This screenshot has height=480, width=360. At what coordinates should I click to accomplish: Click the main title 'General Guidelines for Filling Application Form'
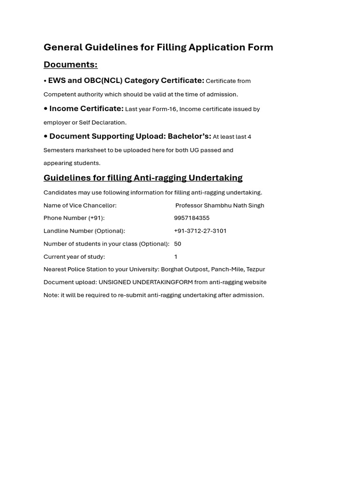[158, 47]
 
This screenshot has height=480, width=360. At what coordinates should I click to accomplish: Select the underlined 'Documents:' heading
[70, 65]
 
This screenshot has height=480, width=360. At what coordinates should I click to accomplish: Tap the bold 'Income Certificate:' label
[86, 109]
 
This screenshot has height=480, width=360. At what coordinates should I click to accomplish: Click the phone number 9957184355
[192, 218]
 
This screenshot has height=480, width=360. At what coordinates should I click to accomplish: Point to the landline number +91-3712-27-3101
[200, 231]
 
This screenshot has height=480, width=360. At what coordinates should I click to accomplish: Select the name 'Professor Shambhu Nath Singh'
[220, 205]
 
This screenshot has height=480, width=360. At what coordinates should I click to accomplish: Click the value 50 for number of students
[178, 244]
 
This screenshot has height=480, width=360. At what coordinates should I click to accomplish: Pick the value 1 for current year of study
[176, 257]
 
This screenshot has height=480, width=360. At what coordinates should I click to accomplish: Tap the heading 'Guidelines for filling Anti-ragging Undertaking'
[143, 178]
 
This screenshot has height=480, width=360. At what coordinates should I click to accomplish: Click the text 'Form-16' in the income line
[165, 109]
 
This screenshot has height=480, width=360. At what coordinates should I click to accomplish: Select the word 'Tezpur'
[255, 270]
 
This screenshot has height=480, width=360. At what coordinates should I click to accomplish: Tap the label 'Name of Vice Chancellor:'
[80, 205]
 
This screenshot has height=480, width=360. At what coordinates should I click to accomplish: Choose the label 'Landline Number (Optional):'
[84, 231]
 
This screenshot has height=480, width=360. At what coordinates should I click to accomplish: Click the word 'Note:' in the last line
[51, 295]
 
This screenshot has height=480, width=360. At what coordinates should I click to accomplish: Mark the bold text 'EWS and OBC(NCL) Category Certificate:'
[126, 81]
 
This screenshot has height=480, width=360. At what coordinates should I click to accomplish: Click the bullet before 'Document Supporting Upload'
[45, 136]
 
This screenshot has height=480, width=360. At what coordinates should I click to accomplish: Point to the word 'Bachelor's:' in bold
[189, 136]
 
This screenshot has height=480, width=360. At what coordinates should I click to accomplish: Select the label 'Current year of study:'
[74, 257]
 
